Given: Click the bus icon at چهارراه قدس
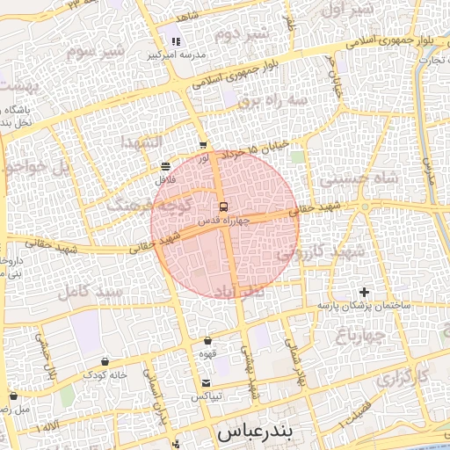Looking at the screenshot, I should click(x=222, y=207).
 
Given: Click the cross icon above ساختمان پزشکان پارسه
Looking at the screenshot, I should click(x=365, y=292).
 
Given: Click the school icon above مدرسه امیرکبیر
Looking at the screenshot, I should click(x=176, y=41).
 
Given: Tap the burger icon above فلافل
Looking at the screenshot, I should click(x=166, y=166).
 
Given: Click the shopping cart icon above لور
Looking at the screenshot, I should click(x=203, y=145).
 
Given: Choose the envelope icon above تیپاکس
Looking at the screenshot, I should click(x=206, y=382).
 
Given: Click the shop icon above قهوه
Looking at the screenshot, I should click(x=208, y=340).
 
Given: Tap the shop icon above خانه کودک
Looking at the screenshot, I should click(x=105, y=361).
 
